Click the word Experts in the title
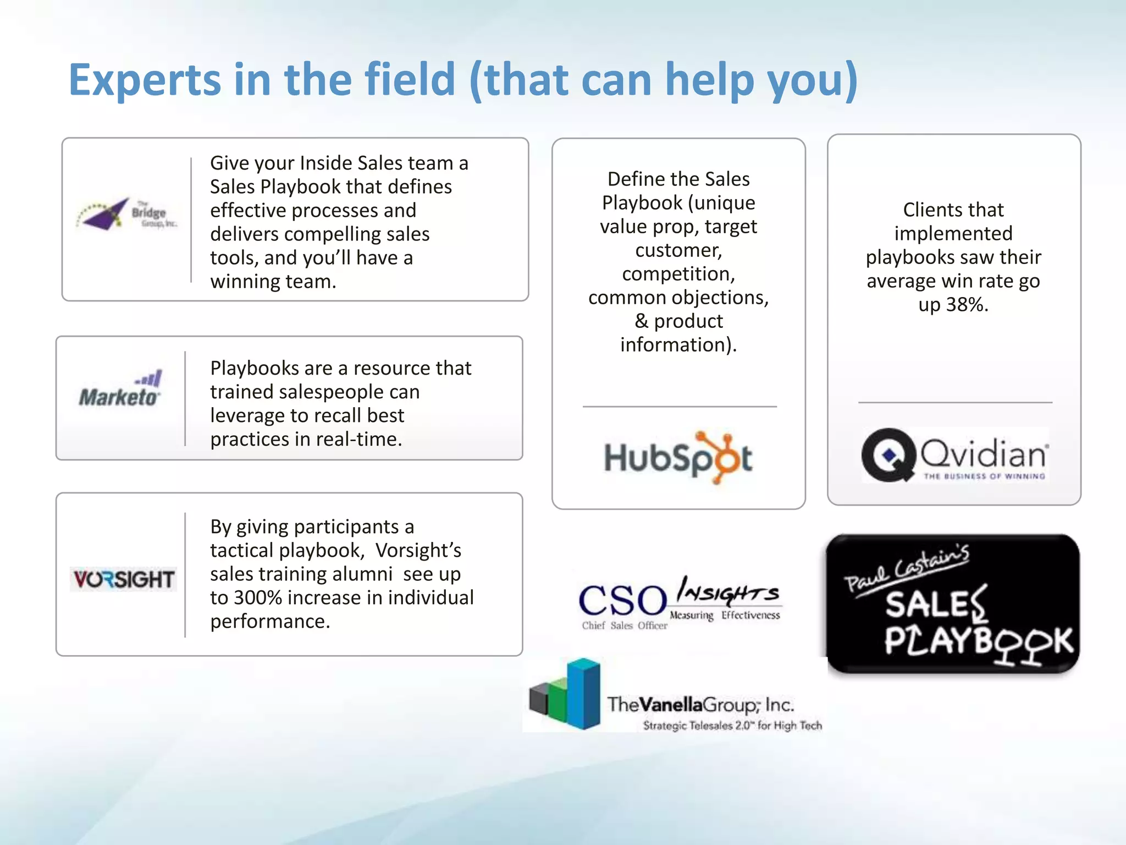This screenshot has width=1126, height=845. (x=144, y=80)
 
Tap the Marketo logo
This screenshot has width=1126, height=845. (x=120, y=390)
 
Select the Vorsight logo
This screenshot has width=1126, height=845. (x=124, y=579)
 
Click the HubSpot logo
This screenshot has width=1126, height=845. (x=678, y=458)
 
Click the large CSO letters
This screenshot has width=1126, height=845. (x=622, y=600)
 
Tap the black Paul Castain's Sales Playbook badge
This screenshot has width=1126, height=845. (x=953, y=604)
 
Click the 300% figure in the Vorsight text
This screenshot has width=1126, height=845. (x=256, y=598)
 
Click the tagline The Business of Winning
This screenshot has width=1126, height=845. (x=984, y=476)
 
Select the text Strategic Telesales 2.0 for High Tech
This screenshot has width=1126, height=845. (x=732, y=726)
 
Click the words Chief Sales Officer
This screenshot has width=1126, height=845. (x=625, y=626)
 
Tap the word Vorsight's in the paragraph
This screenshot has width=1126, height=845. (x=418, y=551)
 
